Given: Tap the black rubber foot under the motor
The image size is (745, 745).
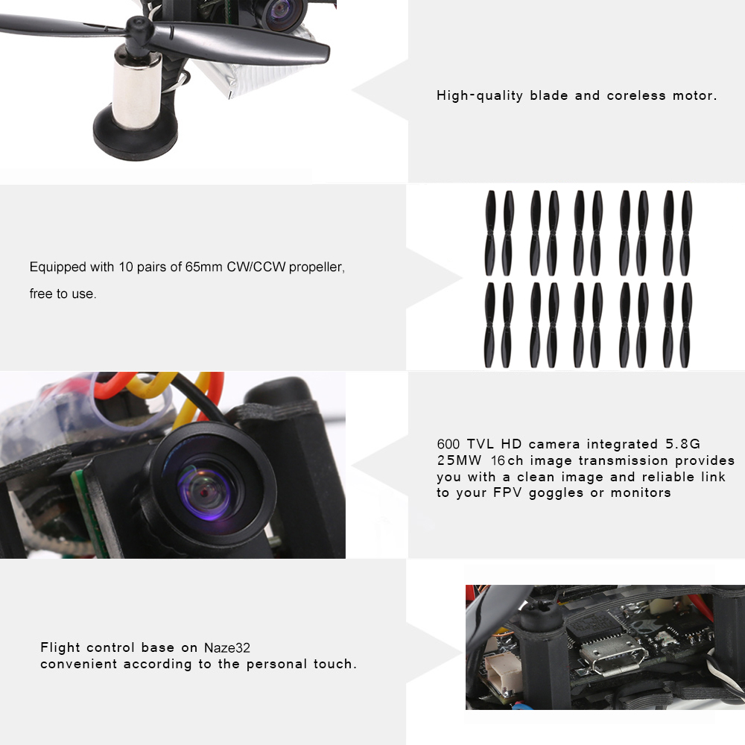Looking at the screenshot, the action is (136, 133).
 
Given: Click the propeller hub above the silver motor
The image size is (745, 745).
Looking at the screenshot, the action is (139, 31).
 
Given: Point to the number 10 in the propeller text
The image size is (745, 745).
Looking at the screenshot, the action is (126, 267).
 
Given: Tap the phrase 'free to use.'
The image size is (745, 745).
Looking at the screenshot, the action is (63, 294).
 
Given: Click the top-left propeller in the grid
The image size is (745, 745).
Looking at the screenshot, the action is (490, 233).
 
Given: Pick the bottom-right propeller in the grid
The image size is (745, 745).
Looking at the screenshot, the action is (685, 325).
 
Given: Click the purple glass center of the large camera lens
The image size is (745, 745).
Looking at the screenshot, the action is (204, 492).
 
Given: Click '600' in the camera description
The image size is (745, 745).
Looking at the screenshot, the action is (448, 444).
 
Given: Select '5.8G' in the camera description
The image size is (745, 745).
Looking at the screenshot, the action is (682, 444).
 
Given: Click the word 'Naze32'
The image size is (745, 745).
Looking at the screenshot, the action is (227, 647).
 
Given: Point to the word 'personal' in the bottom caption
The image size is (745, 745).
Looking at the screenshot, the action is (276, 664).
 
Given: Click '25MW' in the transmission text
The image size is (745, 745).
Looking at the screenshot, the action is (459, 460).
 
